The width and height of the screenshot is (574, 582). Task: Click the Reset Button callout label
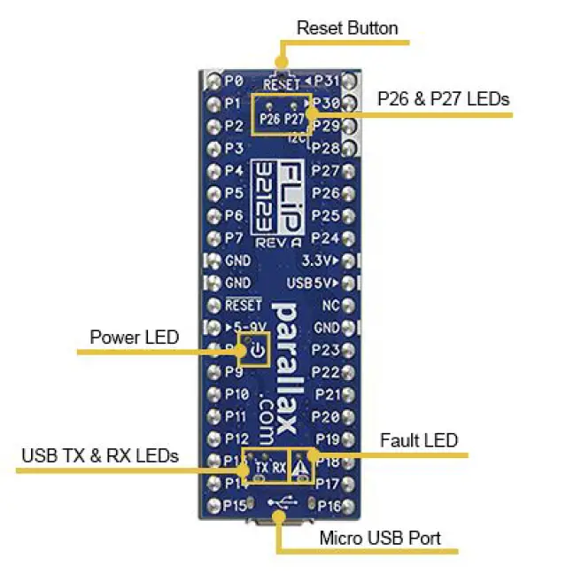[347, 27]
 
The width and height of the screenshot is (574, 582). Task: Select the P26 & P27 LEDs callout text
[443, 98]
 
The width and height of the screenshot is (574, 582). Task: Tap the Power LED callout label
[134, 337]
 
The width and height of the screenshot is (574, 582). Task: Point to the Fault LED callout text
[418, 439]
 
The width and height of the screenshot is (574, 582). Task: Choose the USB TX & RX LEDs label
[100, 455]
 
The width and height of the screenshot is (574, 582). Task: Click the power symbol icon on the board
[256, 352]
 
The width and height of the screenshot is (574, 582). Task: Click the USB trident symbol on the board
[282, 502]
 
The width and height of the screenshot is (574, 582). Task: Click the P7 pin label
[234, 237]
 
